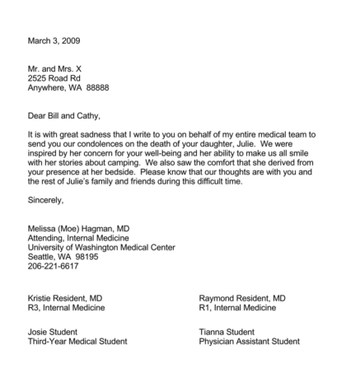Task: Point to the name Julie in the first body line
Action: click(x=278, y=143)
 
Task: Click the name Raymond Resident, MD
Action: click(x=242, y=297)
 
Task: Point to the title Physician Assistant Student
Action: click(x=249, y=342)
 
